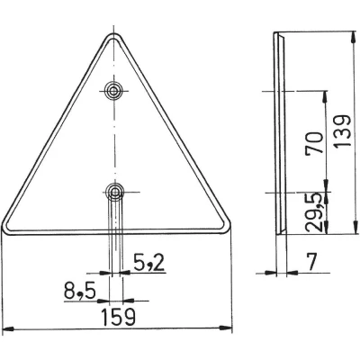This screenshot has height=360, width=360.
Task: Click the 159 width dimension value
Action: coord(118,317)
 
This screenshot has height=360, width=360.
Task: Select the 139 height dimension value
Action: coord(343,130)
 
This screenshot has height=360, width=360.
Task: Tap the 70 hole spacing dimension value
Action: coord(314,143)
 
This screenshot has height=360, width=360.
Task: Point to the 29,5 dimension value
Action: coord(314,212)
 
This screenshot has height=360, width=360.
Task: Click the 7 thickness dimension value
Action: coord(312,261)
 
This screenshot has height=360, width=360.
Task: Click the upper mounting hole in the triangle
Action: coord(113,91)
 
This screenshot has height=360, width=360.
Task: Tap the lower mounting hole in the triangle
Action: coord(114,192)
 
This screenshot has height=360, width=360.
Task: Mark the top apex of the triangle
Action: coord(114,33)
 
